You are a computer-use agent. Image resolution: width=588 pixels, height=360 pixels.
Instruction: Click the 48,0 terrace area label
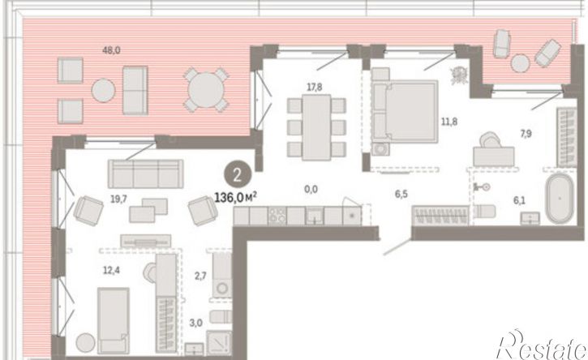click(x=111, y=50)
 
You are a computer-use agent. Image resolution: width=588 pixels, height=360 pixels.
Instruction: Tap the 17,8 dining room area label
click(x=314, y=88)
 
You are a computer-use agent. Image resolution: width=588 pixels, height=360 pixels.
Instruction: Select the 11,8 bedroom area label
click(x=449, y=122)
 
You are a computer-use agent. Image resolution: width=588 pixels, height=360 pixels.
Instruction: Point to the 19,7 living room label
click(x=118, y=199)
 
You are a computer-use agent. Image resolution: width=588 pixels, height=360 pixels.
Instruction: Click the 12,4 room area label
click(x=111, y=270)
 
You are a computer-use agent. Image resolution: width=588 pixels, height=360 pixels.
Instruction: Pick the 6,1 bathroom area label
click(x=519, y=200)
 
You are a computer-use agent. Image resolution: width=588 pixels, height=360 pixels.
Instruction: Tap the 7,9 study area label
click(x=526, y=134)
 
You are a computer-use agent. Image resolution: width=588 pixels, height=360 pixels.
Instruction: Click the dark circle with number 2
click(x=237, y=175)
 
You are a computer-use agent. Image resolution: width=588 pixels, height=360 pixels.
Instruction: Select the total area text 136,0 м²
click(x=235, y=197)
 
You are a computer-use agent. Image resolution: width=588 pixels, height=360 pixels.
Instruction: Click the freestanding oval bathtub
click(x=560, y=199)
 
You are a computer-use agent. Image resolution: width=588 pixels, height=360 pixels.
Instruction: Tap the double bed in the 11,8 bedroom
click(x=405, y=111)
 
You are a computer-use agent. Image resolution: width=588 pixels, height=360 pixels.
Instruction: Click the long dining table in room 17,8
click(x=316, y=127)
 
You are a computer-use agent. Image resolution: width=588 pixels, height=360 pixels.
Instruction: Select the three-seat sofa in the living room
click(x=145, y=174)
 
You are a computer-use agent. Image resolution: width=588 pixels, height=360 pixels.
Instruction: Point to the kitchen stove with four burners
click(x=277, y=216)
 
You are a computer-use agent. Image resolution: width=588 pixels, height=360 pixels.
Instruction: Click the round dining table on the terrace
click(x=206, y=90)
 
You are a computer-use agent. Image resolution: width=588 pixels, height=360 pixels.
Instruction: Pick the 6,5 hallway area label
click(x=401, y=194)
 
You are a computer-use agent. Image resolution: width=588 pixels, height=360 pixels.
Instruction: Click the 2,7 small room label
click(x=200, y=276)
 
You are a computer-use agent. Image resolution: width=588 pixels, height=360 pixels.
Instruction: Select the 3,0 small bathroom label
click(x=195, y=323)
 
